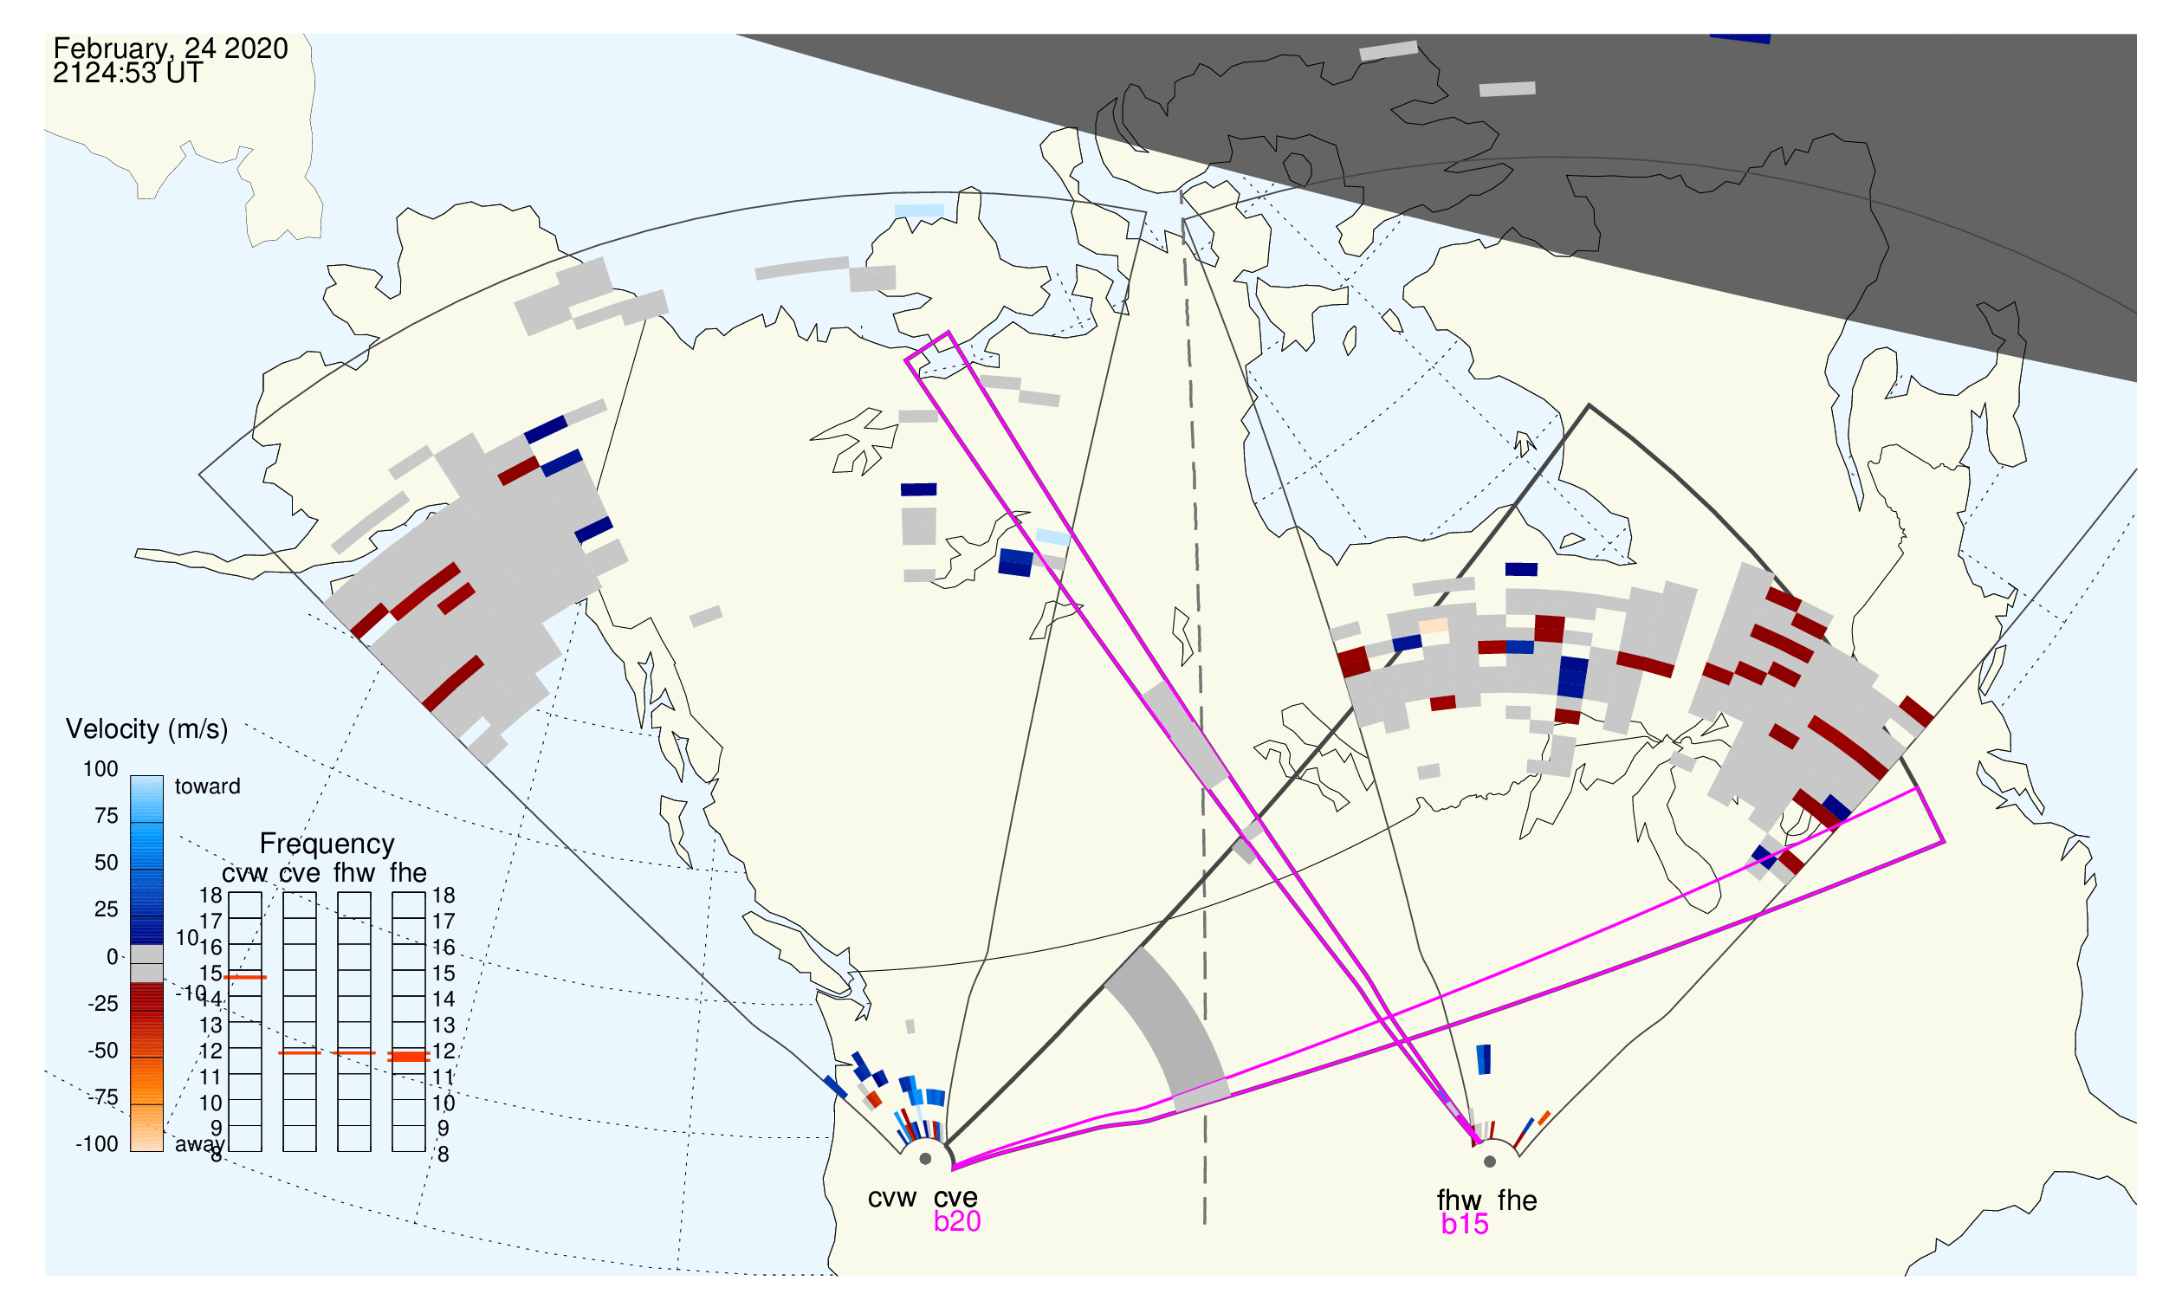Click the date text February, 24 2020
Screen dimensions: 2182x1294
(x=171, y=49)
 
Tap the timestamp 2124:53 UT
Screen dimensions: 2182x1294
(x=127, y=74)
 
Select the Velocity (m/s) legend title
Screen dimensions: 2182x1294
(x=146, y=730)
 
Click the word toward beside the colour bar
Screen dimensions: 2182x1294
(x=207, y=787)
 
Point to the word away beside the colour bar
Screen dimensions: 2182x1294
(x=200, y=1145)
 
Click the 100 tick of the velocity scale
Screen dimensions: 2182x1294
(x=100, y=769)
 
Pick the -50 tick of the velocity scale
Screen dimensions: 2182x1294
(x=102, y=1051)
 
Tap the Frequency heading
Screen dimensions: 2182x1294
(x=327, y=844)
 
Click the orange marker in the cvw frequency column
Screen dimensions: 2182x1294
(x=245, y=978)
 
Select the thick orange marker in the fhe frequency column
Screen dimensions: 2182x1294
(x=408, y=1057)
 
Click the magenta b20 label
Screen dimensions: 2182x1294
(x=956, y=1222)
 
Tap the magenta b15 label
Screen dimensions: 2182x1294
(x=1464, y=1225)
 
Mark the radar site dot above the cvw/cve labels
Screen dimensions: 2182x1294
(x=925, y=1160)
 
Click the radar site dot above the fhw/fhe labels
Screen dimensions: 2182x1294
(x=1490, y=1161)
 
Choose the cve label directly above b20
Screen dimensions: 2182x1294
(x=955, y=1199)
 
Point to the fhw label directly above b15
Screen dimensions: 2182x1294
(x=1459, y=1200)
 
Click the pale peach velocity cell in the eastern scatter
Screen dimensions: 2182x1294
(x=1433, y=626)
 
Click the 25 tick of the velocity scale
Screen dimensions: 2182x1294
(x=106, y=909)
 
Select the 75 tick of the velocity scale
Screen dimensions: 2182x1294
(x=106, y=816)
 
